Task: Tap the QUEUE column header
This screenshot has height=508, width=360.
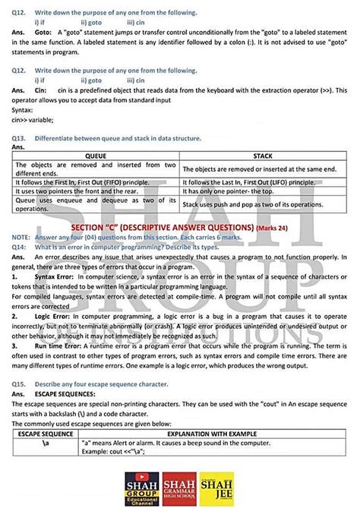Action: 96,155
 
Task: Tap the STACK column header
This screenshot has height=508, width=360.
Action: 263,155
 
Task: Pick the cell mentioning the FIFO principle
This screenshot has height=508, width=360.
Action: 96,182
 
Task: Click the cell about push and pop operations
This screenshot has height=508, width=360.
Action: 263,205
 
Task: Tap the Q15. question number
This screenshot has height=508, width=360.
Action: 20,384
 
